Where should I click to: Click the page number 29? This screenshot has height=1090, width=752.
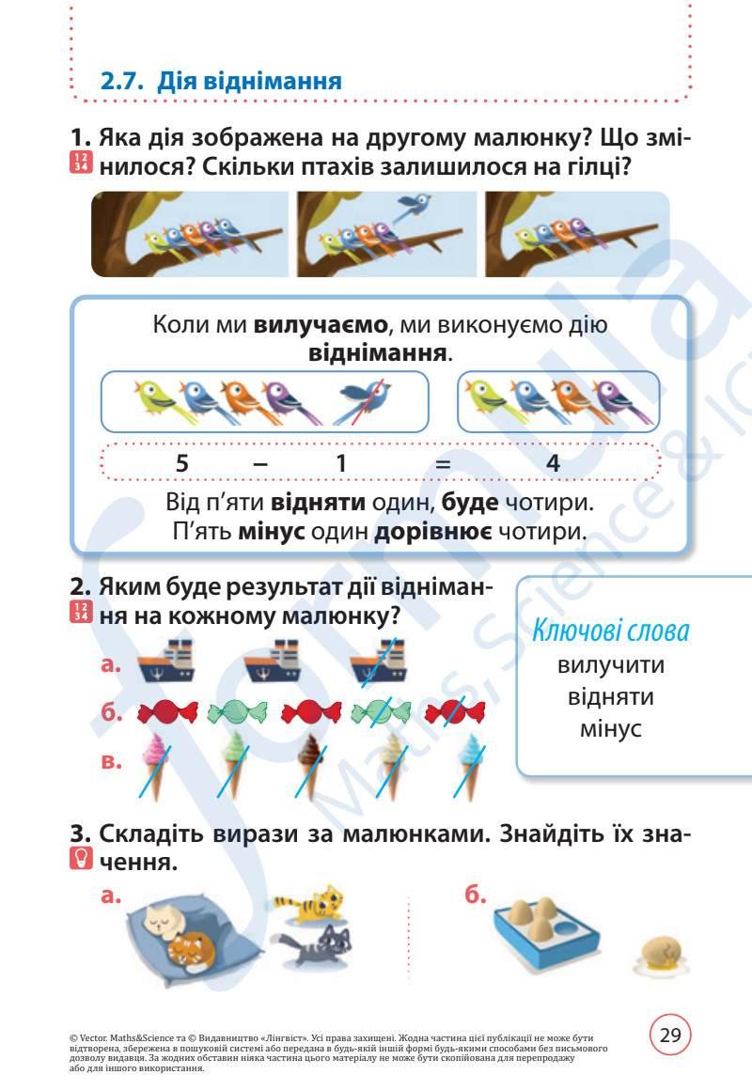point(670,1035)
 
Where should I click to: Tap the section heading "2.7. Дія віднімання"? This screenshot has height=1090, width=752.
point(221,81)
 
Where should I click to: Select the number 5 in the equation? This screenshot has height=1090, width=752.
point(184,462)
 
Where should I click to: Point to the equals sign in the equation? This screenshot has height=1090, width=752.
point(444,462)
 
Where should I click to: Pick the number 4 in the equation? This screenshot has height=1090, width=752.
point(553,462)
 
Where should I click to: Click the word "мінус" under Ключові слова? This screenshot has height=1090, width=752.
point(611,728)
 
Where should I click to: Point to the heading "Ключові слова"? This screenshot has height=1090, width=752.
point(611,629)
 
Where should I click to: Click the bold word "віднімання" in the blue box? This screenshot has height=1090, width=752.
point(378,354)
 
